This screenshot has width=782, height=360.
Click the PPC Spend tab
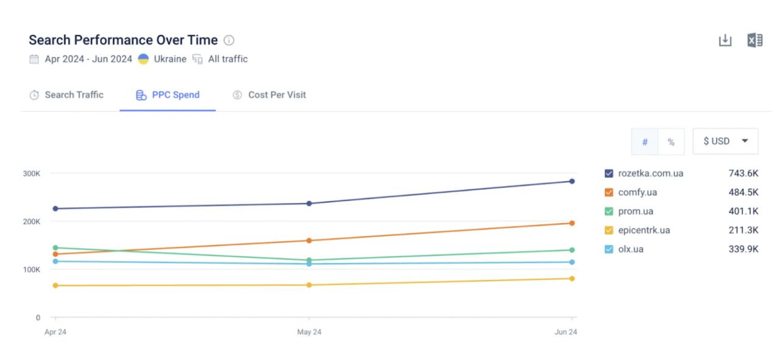(167, 95)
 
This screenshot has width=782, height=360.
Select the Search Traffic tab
(67, 95)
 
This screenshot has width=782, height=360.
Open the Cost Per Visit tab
(269, 95)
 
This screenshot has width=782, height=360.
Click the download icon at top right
(725, 40)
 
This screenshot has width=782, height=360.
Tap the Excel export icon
(755, 40)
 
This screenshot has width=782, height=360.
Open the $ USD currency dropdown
(725, 141)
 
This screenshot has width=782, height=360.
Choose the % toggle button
(671, 142)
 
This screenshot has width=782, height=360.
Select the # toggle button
(645, 142)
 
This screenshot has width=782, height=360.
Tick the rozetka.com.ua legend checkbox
(609, 174)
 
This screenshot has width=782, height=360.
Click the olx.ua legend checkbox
(609, 249)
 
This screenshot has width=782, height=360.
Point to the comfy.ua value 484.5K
(743, 193)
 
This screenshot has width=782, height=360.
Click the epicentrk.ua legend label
(644, 230)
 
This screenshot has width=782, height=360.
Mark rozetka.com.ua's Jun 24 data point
(572, 181)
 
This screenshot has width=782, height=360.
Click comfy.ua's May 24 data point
(309, 240)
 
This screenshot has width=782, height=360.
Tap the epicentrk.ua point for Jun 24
(572, 279)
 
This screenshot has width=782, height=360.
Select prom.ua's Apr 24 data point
(56, 248)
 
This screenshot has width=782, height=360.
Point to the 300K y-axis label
(32, 174)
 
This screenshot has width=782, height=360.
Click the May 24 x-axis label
(309, 332)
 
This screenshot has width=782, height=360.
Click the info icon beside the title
(229, 40)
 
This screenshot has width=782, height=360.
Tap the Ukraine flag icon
(144, 59)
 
